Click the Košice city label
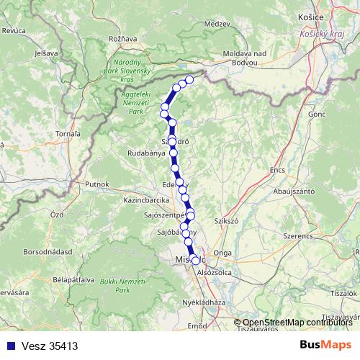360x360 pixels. (310, 15)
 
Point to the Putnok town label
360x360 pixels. (96, 184)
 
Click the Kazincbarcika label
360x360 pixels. (145, 199)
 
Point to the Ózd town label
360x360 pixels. (57, 215)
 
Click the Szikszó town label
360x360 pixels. (227, 222)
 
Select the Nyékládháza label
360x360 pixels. (204, 303)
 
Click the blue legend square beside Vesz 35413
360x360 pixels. (9, 346)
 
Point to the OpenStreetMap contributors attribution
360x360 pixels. (297, 323)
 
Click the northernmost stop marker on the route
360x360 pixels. (190, 79)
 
